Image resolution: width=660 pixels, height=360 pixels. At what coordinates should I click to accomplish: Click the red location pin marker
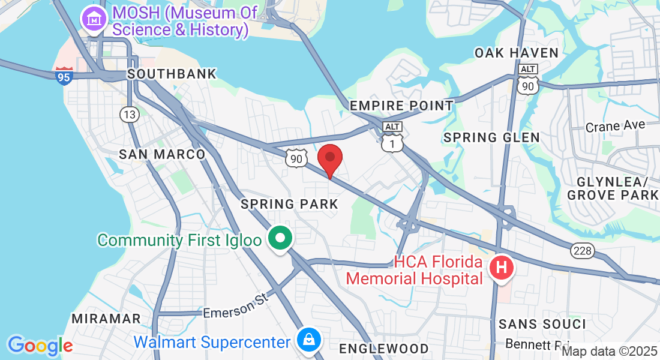tap(329, 158)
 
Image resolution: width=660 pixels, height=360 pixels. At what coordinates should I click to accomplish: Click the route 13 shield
tap(128, 113)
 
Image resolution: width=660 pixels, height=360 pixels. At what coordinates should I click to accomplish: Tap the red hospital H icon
tap(502, 267)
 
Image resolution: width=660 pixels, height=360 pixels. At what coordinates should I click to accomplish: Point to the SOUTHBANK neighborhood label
tap(172, 74)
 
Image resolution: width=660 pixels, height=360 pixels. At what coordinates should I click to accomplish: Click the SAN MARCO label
tap(162, 154)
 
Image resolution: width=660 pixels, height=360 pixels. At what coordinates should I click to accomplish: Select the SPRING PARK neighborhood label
tap(289, 204)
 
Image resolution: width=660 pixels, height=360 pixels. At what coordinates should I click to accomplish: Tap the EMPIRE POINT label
tap(401, 106)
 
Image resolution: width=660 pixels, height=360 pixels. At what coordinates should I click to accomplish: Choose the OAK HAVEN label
tap(517, 53)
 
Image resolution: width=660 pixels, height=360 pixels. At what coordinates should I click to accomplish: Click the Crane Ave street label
tap(615, 126)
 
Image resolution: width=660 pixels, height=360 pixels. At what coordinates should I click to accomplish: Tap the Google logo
tap(40, 346)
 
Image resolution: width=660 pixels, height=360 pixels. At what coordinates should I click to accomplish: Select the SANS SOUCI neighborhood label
tap(542, 324)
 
